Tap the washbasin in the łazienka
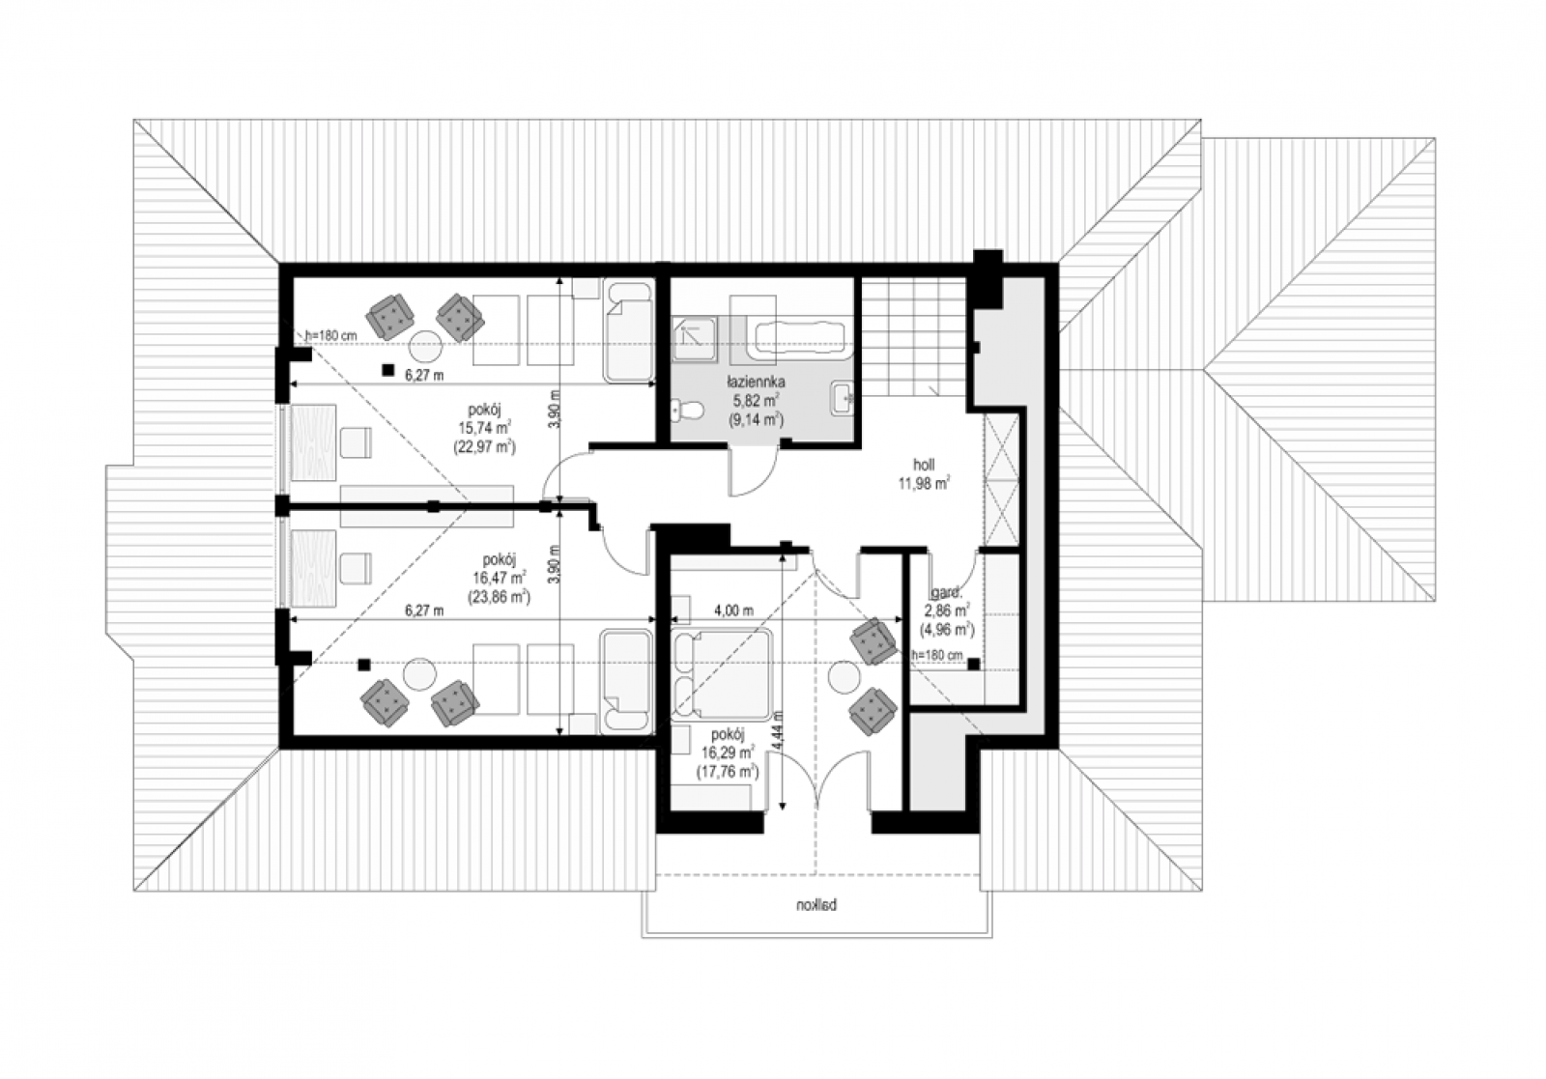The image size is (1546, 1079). pos(843,398)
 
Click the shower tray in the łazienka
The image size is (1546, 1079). pos(695,340)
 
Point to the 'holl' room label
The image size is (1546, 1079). pos(924,465)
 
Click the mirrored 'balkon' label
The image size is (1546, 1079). pos(816,905)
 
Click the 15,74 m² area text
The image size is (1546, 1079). pos(484,428)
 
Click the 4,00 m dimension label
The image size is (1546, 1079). pos(733,610)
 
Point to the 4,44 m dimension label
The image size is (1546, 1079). pos(779,733)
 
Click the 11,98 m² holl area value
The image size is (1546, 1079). pos(924,483)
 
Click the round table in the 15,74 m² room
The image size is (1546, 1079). pos(425,347)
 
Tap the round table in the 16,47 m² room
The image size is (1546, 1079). pos(420,674)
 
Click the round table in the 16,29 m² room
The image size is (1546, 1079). pos(845,677)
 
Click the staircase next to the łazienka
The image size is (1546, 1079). pos(914,337)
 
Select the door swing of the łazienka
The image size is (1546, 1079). pos(755,472)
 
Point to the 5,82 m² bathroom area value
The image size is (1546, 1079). pos(757,400)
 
